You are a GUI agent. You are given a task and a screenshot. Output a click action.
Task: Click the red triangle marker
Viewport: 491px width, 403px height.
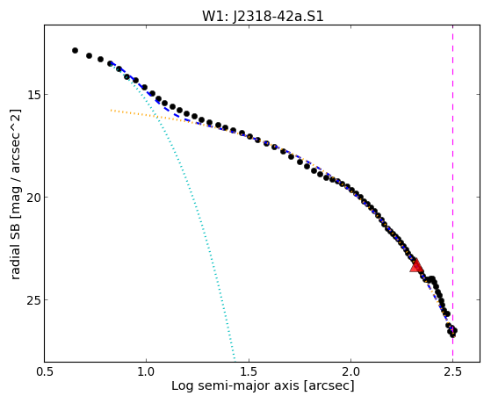pyautogui.click(x=416, y=265)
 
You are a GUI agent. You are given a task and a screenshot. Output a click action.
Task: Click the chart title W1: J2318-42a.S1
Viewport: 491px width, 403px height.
pyautogui.click(x=263, y=17)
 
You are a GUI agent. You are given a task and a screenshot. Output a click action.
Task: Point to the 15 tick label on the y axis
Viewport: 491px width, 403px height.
pyautogui.click(x=32, y=94)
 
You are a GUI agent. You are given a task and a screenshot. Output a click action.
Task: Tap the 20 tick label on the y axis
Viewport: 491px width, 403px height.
pyautogui.click(x=32, y=197)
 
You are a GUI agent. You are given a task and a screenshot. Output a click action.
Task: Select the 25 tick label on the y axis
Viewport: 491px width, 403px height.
pyautogui.click(x=32, y=299)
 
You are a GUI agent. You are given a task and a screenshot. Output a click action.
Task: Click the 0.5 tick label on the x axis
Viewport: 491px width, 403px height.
pyautogui.click(x=44, y=371)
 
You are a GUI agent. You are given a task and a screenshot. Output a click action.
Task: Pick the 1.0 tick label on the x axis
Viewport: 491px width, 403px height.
pyautogui.click(x=146, y=371)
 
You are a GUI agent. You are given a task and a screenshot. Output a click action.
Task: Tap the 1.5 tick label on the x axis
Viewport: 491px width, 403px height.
pyautogui.click(x=249, y=371)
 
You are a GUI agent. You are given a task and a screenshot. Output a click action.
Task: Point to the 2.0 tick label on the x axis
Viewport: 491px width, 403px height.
pyautogui.click(x=350, y=371)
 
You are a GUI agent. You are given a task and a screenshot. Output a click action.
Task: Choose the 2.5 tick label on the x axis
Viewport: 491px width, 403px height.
pyautogui.click(x=453, y=371)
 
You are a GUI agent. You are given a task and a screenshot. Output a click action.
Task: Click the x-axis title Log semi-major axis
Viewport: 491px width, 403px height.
pyautogui.click(x=235, y=386)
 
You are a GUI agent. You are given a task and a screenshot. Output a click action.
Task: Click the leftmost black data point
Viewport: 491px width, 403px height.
pyautogui.click(x=75, y=50)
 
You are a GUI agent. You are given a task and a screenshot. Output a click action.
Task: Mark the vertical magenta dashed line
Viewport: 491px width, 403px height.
pyautogui.click(x=453, y=193)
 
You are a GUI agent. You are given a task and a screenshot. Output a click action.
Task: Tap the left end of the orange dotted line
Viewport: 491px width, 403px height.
pyautogui.click(x=111, y=110)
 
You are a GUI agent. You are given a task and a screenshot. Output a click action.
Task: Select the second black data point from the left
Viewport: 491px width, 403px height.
pyautogui.click(x=89, y=55)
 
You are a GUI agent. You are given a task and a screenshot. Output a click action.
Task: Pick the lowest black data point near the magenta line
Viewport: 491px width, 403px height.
pyautogui.click(x=452, y=335)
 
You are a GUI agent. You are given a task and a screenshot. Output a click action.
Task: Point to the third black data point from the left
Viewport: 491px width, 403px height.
pyautogui.click(x=100, y=59)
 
